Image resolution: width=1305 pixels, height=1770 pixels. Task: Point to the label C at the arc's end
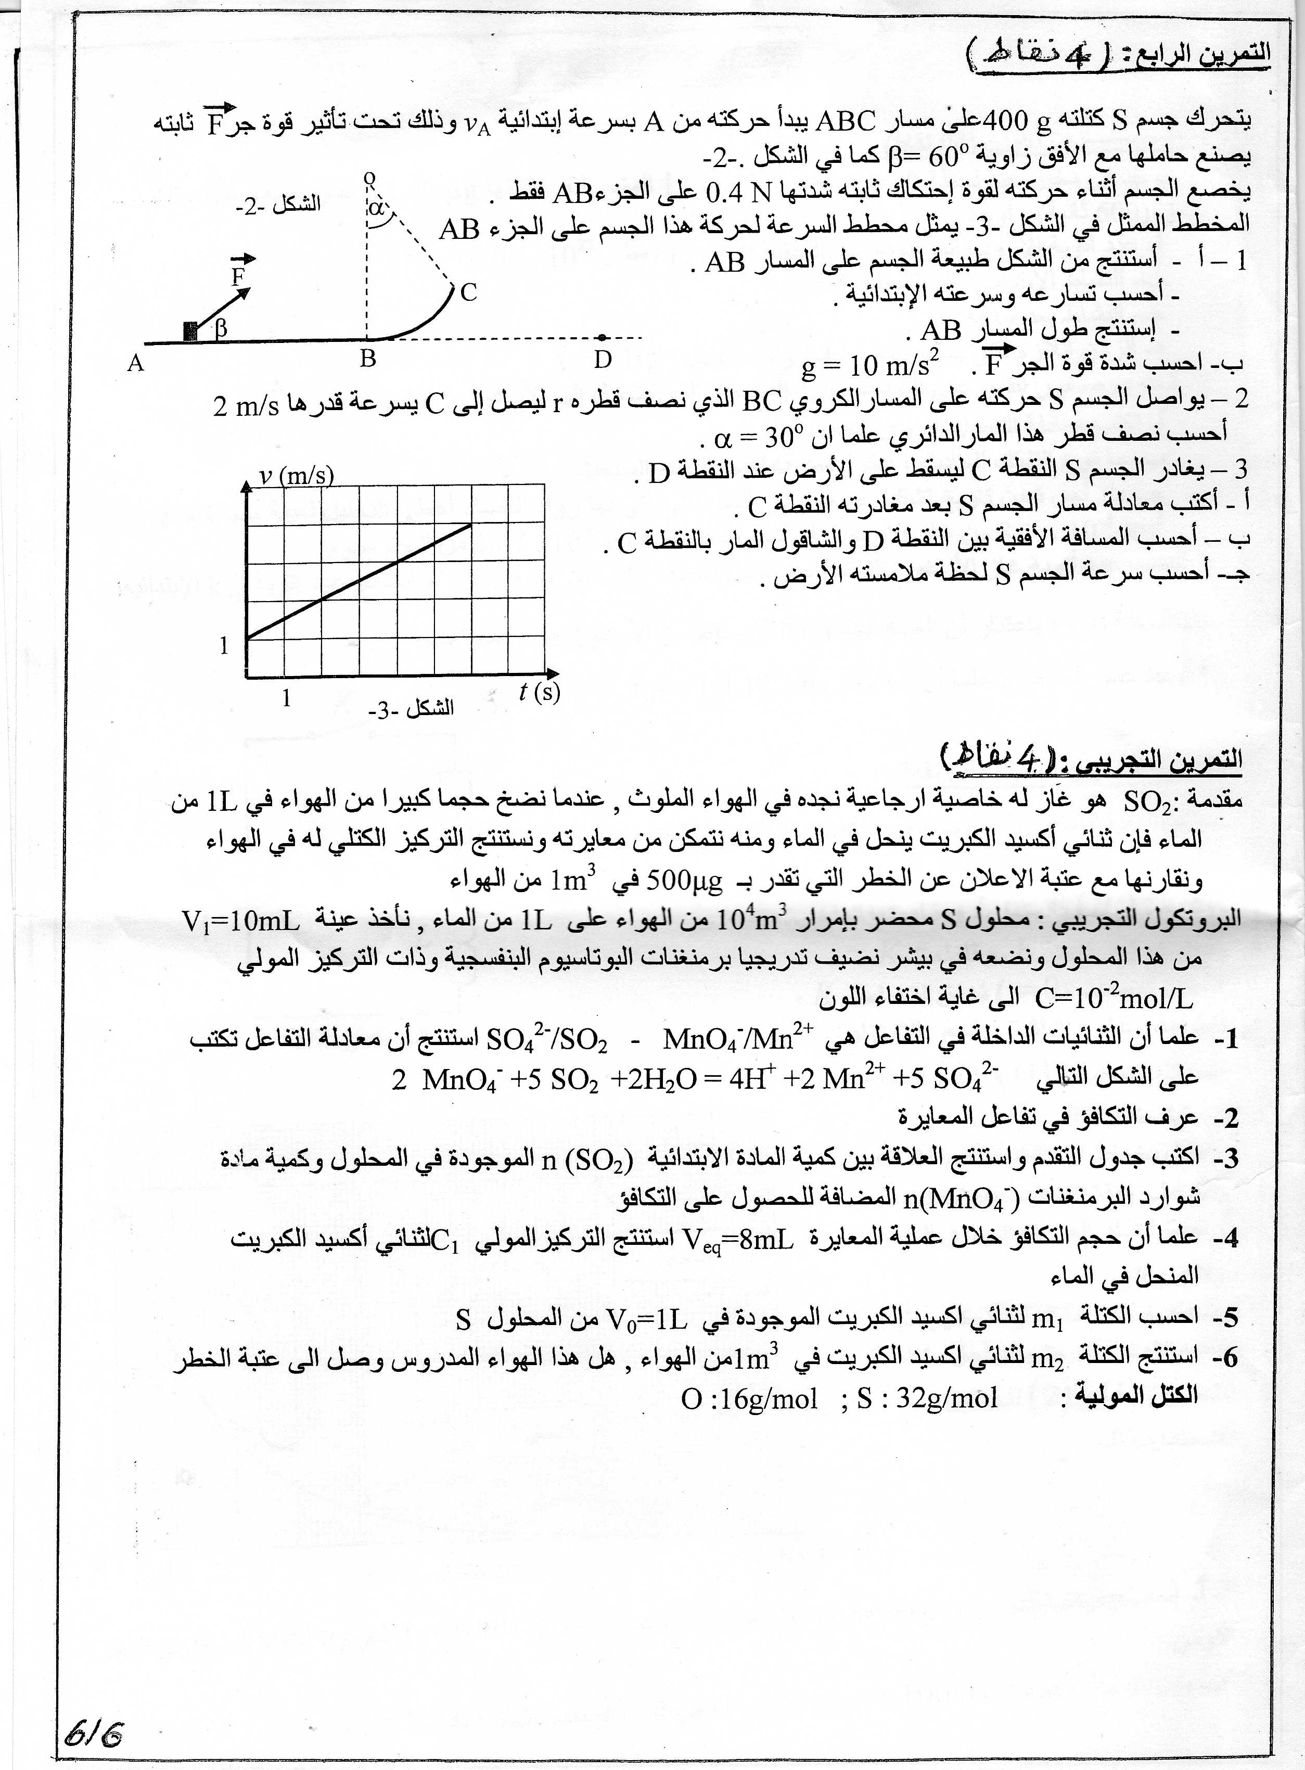(x=468, y=292)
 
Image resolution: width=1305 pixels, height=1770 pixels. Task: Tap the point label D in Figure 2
(x=603, y=360)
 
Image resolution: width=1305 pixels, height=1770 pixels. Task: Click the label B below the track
(x=368, y=360)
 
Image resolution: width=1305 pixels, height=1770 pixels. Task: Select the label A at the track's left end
(x=136, y=363)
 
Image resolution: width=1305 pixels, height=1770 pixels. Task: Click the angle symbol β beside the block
(x=221, y=328)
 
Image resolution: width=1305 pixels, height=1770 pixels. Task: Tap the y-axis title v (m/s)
(x=296, y=475)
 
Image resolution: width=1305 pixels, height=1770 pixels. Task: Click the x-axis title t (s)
(x=540, y=692)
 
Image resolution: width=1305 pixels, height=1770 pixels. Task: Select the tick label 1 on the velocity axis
(x=224, y=645)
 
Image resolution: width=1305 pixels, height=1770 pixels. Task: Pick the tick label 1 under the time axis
(x=287, y=698)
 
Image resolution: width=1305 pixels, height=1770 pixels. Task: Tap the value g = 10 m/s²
(x=869, y=365)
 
